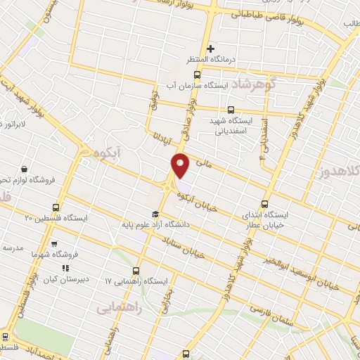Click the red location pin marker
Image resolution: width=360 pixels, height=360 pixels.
pyautogui.click(x=181, y=166)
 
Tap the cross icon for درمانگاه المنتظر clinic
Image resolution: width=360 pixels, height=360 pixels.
pyautogui.click(x=210, y=49)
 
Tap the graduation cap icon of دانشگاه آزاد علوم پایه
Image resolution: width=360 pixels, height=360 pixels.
pyautogui.click(x=155, y=214)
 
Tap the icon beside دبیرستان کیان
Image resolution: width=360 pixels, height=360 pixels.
pyautogui.click(x=65, y=268)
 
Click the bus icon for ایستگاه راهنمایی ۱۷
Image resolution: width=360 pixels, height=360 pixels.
pyautogui.click(x=136, y=270)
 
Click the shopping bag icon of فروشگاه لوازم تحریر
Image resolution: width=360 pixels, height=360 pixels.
pyautogui.click(x=24, y=169)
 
